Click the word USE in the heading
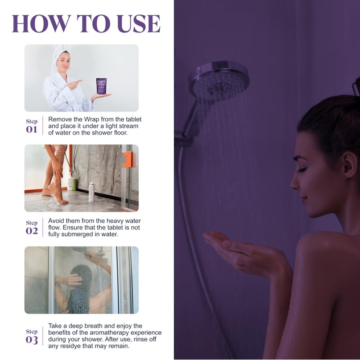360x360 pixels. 139,23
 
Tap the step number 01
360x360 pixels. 31,130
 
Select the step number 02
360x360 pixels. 31,231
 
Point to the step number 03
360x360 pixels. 31,340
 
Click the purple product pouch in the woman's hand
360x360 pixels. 101,86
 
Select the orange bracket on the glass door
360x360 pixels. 130,159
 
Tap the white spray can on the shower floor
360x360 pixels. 91,192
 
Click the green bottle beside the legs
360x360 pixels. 74,184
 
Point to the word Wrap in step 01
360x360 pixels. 91,119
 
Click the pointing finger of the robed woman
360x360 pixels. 77,81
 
